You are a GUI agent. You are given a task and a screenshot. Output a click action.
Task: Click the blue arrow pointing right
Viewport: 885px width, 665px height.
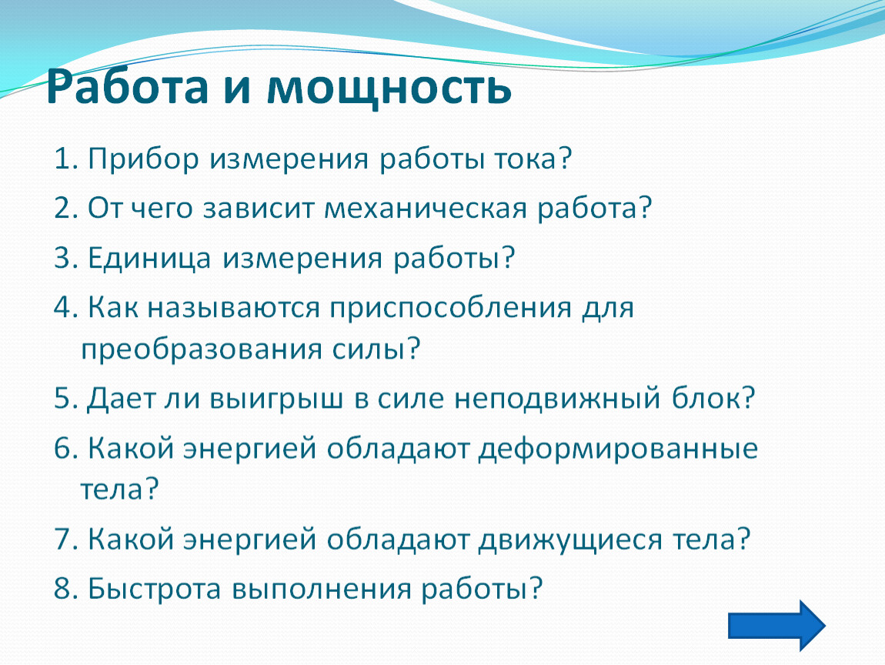[x=776, y=626]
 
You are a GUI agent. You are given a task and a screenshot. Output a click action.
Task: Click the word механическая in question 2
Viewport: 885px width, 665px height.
[x=425, y=209]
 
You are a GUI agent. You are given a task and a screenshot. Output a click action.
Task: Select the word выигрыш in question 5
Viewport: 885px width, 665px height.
[x=276, y=399]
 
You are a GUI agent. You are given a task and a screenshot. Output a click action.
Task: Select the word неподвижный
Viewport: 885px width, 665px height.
[x=557, y=399]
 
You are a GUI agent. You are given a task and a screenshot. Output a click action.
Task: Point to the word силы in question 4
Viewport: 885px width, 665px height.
[x=367, y=349]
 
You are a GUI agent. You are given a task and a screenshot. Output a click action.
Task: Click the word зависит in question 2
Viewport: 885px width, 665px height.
[x=257, y=209]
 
